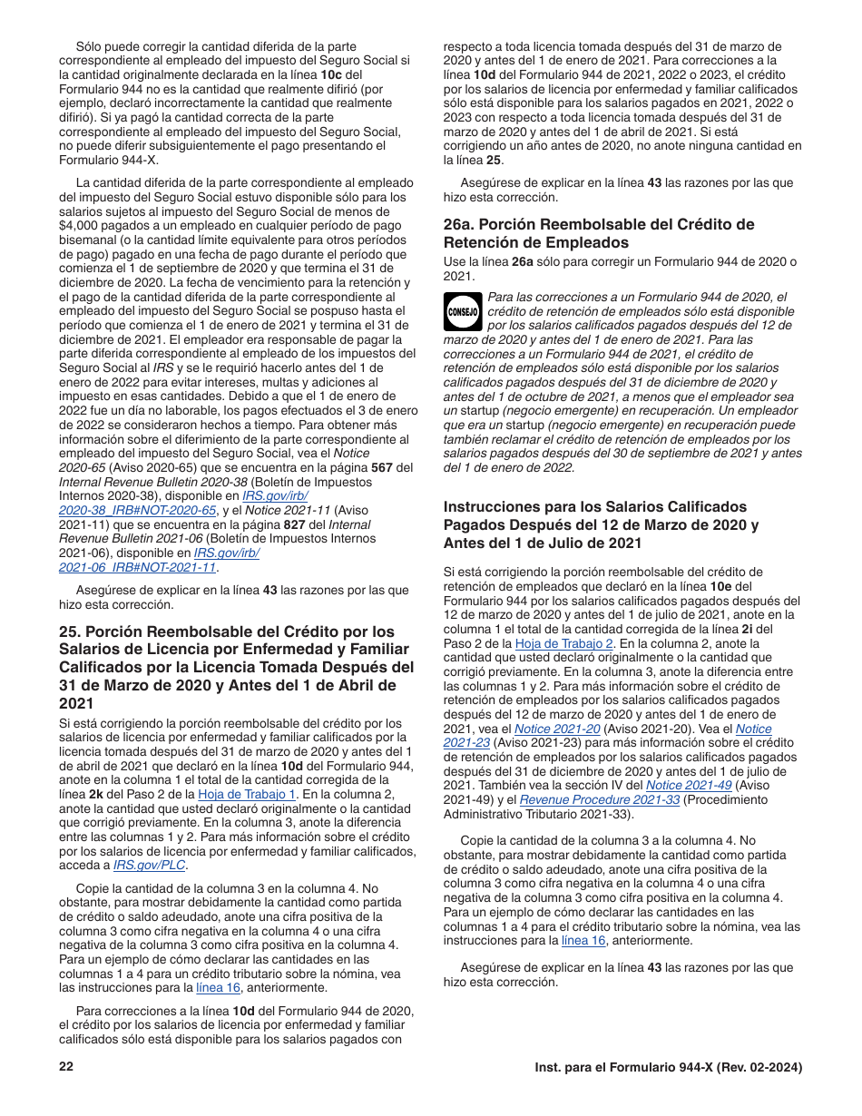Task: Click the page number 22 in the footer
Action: [x=65, y=1068]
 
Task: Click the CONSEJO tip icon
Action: [x=463, y=311]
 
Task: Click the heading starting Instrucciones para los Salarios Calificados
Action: [x=601, y=525]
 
